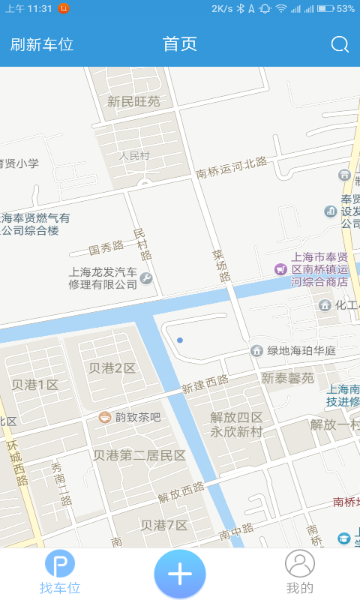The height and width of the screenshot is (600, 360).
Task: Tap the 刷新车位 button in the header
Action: pos(42,44)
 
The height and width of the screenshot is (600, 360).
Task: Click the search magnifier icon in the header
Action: pos(340,44)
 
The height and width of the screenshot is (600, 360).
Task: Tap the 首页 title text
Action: pos(180,44)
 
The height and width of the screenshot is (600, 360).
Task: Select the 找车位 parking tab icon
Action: pos(60,564)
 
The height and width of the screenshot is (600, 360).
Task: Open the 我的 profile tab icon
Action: pos(300,564)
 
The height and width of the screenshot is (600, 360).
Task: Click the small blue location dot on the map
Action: pos(180,340)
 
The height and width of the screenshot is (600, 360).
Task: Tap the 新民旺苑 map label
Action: pos(133,101)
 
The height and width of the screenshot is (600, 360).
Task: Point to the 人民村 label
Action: pos(135,156)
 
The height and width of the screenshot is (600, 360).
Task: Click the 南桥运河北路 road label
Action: pos(232,167)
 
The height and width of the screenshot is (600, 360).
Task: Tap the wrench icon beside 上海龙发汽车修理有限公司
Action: pos(146,280)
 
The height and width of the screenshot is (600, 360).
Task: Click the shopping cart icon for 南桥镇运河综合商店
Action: pos(280,268)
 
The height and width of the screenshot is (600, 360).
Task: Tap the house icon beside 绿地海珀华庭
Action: pos(256,350)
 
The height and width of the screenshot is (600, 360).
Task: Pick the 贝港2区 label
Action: pos(112,368)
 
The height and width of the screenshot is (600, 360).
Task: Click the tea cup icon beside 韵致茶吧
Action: pos(105,416)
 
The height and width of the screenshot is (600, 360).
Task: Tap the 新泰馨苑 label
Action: pos(287,378)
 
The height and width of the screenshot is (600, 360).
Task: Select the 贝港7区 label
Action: pos(164,524)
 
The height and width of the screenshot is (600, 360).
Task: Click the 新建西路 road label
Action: pos(205,384)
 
